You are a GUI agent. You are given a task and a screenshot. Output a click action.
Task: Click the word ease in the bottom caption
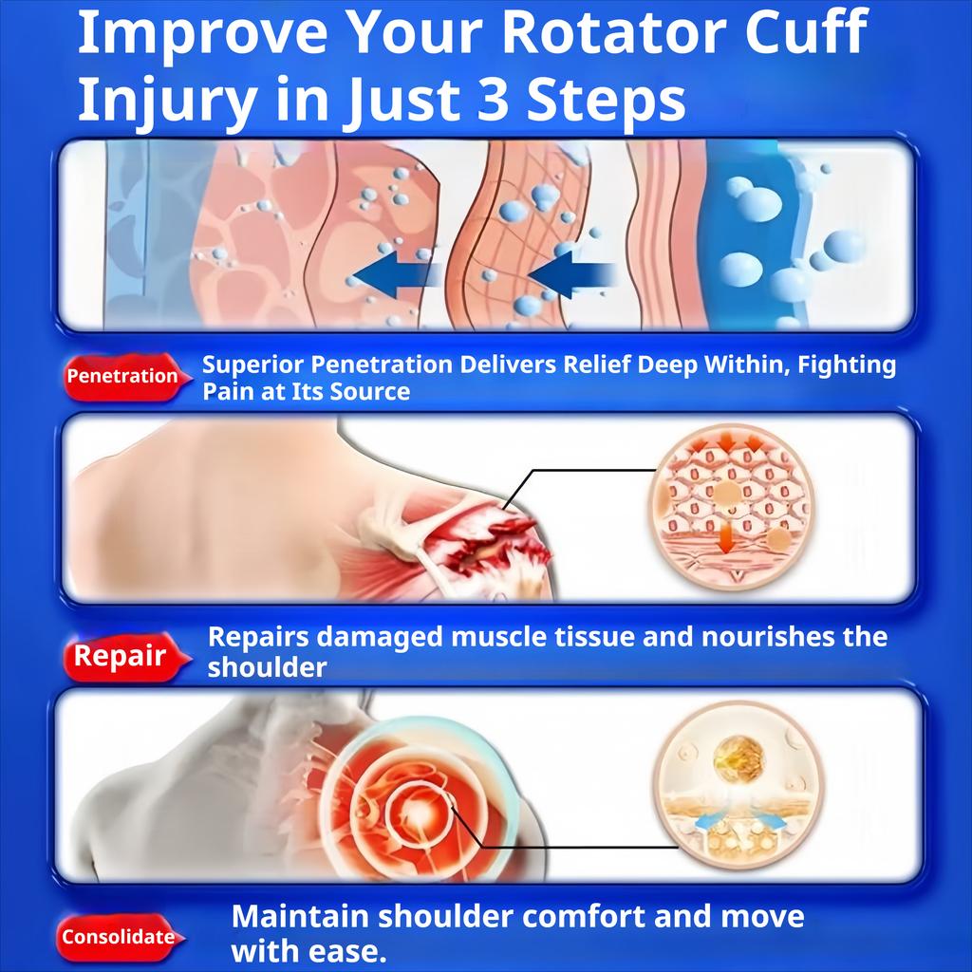tap(351, 951)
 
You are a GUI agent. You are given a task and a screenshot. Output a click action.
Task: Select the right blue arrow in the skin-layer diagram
tap(571, 273)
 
